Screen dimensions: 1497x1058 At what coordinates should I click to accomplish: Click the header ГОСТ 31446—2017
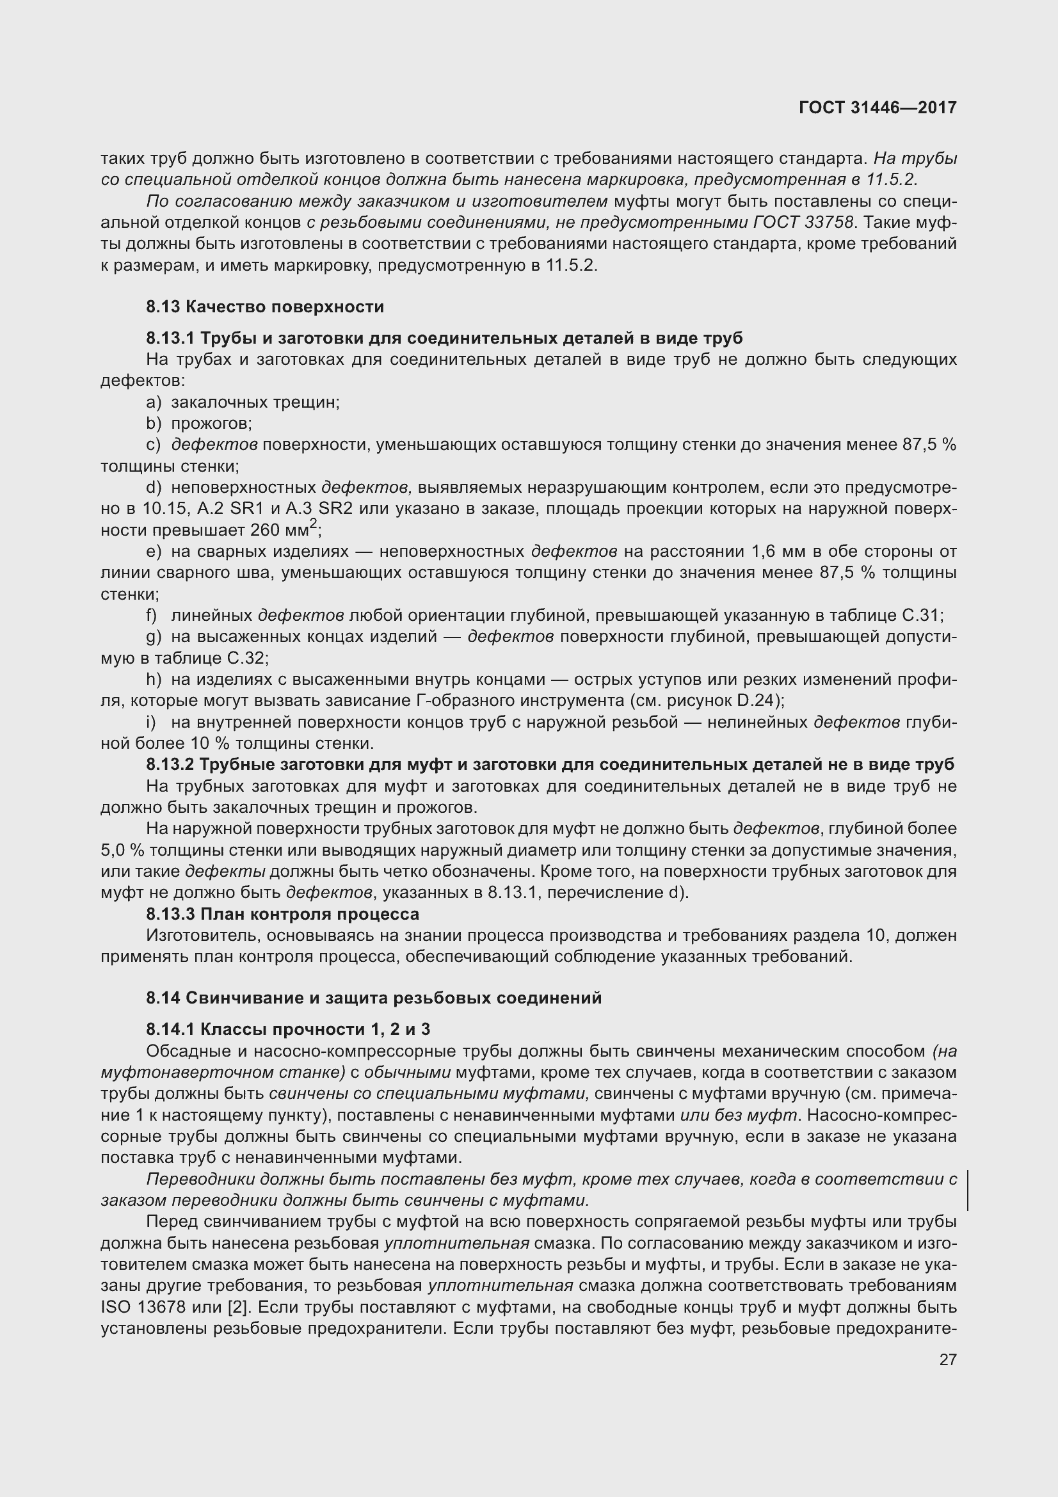click(x=878, y=108)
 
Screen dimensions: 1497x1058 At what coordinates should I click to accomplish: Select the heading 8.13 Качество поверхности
click(x=265, y=307)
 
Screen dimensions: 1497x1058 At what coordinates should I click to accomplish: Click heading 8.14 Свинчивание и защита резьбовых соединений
click(x=374, y=998)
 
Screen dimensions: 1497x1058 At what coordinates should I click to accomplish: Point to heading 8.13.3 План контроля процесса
click(x=282, y=914)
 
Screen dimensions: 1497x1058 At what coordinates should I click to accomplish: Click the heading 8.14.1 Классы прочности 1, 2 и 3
click(x=288, y=1030)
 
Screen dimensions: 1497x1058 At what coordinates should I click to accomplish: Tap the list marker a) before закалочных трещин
click(x=153, y=403)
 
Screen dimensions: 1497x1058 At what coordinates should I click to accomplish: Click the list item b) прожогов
click(x=199, y=424)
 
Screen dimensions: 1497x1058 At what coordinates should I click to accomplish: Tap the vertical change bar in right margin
click(x=967, y=1190)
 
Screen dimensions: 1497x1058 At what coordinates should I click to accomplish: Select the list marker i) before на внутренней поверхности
click(x=150, y=723)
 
